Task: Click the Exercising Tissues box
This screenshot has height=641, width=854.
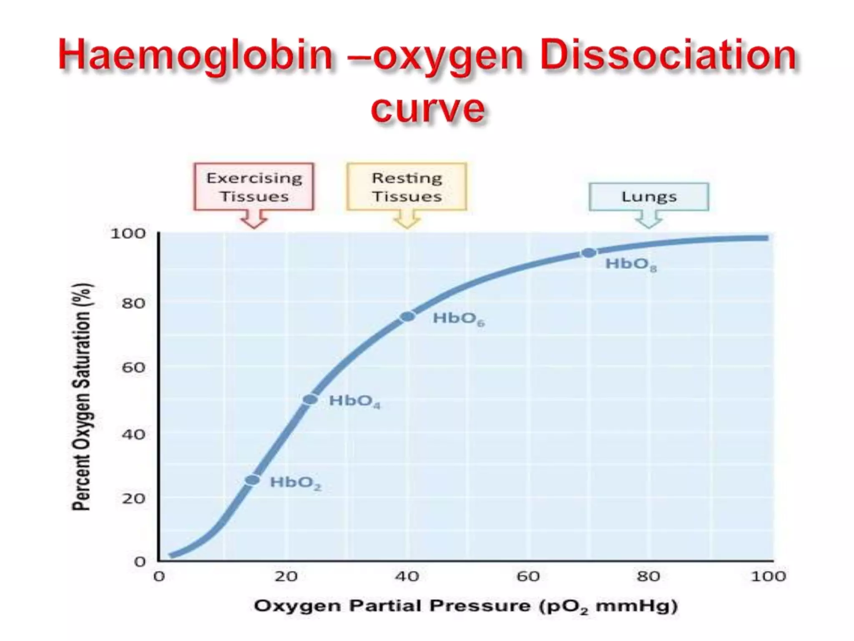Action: pyautogui.click(x=254, y=187)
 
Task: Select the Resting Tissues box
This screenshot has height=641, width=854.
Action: pyautogui.click(x=407, y=187)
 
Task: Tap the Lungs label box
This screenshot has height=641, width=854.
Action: pyautogui.click(x=649, y=197)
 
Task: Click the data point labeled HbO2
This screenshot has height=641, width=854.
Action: pyautogui.click(x=252, y=480)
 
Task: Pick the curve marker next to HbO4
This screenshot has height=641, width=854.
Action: pyautogui.click(x=310, y=399)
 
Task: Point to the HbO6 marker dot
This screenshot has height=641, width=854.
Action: pyautogui.click(x=407, y=317)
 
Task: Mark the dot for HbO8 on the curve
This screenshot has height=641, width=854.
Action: pyautogui.click(x=588, y=252)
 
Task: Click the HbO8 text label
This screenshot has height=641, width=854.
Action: pyautogui.click(x=630, y=264)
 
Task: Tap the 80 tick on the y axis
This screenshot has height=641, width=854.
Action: pyautogui.click(x=133, y=303)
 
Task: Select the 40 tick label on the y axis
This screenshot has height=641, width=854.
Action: pyautogui.click(x=133, y=434)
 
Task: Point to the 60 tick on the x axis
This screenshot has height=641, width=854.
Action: pyautogui.click(x=528, y=576)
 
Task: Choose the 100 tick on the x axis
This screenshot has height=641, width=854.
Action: pyautogui.click(x=768, y=576)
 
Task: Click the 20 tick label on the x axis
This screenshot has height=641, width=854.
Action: pyautogui.click(x=286, y=576)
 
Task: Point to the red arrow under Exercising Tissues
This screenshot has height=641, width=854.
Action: pyautogui.click(x=254, y=219)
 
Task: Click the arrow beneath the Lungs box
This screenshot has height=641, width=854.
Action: pyautogui.click(x=649, y=219)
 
